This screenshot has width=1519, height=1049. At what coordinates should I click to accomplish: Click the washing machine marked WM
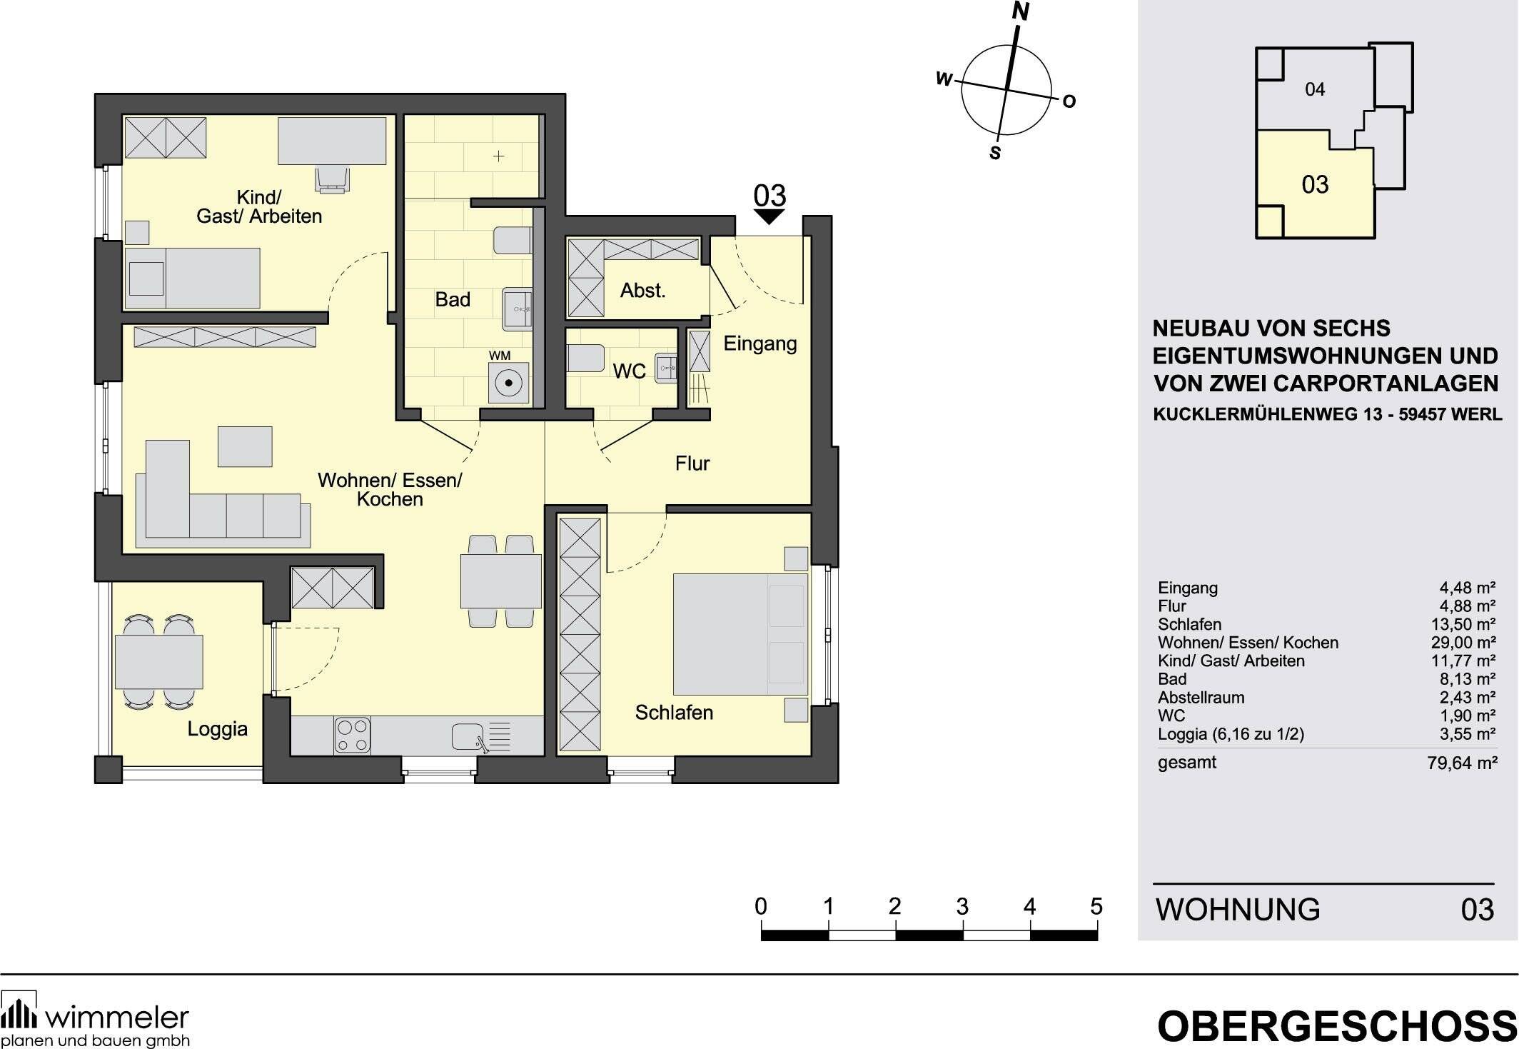(x=508, y=383)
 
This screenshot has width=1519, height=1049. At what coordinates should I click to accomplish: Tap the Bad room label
(x=453, y=299)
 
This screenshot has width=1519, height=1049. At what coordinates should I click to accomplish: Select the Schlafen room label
(x=674, y=712)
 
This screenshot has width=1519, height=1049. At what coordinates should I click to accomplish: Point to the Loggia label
(x=217, y=729)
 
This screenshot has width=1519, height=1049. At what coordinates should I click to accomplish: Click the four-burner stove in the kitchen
(x=353, y=736)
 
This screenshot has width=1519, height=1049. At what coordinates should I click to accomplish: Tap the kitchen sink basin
(x=468, y=736)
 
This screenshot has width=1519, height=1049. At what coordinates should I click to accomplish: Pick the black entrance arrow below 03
(x=769, y=216)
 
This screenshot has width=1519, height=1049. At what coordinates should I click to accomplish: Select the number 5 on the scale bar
(x=1096, y=907)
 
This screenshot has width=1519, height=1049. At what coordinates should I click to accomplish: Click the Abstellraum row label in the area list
(x=1201, y=697)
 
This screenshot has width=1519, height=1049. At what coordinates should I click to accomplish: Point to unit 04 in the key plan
(x=1315, y=89)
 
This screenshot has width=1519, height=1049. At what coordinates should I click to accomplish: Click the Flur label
(x=692, y=463)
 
